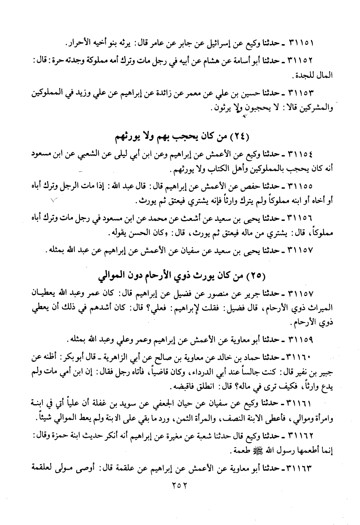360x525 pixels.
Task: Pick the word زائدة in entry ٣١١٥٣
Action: point(170,93)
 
